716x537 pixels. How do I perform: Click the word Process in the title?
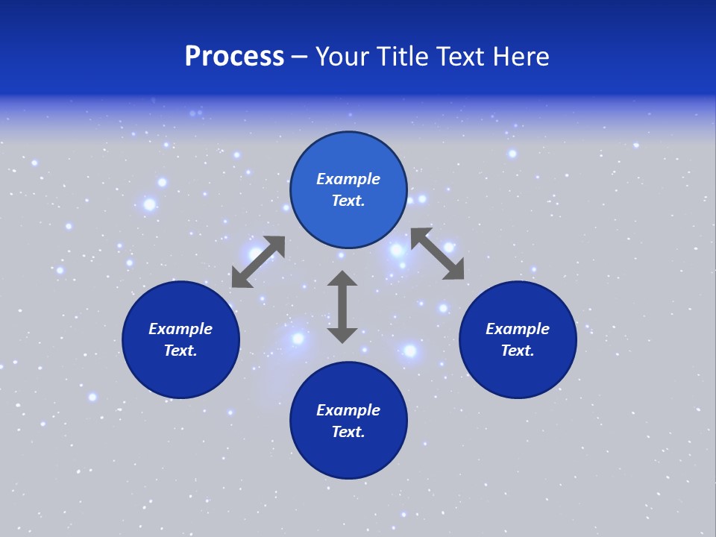234,57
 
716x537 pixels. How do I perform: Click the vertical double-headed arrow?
342,307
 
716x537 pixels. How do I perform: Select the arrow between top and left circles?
258,262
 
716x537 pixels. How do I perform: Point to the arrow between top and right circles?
437,254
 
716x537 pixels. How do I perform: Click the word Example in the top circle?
348,179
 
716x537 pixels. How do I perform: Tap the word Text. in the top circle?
348,201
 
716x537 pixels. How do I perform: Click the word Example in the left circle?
180,329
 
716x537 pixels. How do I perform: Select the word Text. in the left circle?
180,351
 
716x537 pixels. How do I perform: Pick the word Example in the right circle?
518,329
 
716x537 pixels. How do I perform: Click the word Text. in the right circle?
518,351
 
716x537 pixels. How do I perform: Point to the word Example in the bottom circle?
348,410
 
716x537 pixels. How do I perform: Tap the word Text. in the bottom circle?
348,432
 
